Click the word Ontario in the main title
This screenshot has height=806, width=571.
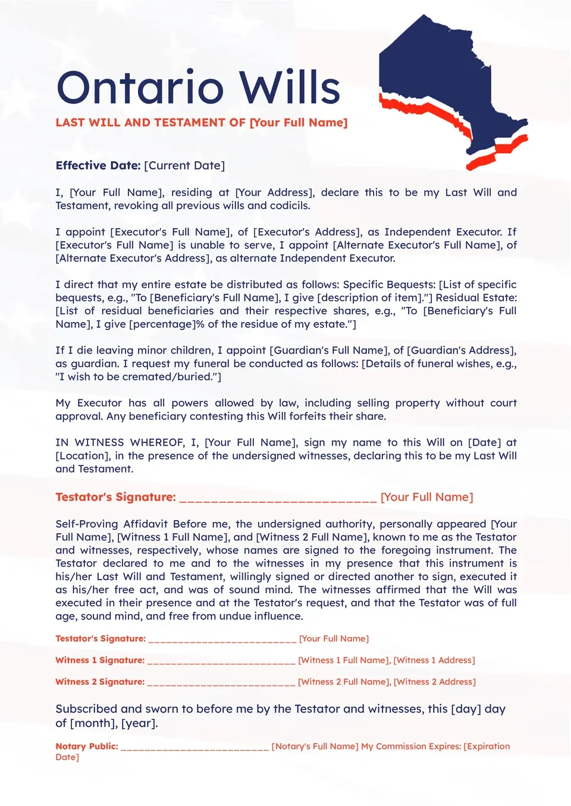point(140,88)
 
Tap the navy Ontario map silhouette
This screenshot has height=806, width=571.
point(440,77)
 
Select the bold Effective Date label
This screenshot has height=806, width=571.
point(98,166)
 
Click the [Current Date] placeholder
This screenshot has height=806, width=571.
point(184,166)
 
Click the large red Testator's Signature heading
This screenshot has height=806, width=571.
point(115,498)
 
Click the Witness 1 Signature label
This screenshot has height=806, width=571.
point(100,660)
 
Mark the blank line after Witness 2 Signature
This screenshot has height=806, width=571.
point(221,683)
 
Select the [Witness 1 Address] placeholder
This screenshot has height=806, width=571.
point(434,660)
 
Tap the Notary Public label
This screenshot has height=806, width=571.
point(87,747)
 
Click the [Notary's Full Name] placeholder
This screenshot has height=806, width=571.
point(315,747)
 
